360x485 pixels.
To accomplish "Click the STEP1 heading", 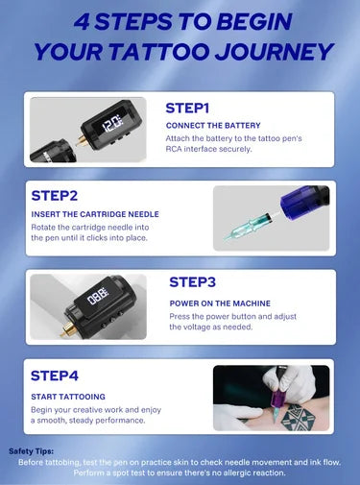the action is [x=187, y=108].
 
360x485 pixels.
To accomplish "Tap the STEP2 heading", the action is [x=55, y=196].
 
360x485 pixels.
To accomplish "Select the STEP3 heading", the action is [x=192, y=282].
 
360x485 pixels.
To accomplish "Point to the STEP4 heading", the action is [x=55, y=376].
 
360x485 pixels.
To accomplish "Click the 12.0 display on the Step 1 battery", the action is [x=111, y=124].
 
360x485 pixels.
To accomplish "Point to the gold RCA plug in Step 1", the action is [x=81, y=141].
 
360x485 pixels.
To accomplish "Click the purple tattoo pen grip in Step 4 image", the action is [x=276, y=391].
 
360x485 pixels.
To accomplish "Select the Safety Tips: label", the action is [x=32, y=451].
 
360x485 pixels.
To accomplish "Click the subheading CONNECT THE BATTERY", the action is [x=213, y=126].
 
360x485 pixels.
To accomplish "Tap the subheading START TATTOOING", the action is [x=68, y=397].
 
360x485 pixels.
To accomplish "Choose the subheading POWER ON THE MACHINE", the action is [x=220, y=303].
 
